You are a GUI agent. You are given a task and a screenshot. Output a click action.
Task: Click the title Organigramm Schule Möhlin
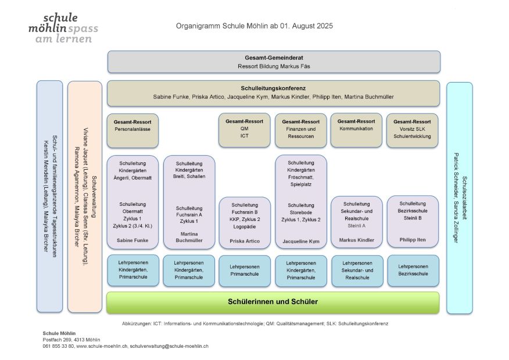(254, 26)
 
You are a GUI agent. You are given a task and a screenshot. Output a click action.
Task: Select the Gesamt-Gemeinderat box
(273, 62)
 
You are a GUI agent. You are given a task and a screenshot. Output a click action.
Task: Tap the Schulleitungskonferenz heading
(273, 86)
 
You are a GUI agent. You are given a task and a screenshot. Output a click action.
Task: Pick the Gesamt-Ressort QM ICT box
(244, 129)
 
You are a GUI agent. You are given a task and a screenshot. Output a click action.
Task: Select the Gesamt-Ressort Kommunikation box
(356, 129)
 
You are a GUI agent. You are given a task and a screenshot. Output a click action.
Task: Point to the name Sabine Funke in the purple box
(132, 240)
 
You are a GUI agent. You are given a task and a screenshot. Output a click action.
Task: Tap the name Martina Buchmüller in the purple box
(189, 237)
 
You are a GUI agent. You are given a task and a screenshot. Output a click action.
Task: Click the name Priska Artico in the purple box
(244, 240)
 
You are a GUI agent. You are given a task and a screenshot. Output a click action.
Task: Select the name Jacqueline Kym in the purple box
(300, 240)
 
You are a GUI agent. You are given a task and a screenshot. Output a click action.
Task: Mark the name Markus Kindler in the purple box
(356, 240)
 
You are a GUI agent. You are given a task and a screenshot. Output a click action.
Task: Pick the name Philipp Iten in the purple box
(412, 240)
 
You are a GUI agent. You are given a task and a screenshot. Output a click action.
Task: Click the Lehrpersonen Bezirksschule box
(413, 270)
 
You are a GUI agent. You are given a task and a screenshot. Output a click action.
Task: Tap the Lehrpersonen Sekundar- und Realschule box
(357, 270)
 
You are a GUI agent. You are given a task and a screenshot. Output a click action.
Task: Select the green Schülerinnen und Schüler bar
(273, 302)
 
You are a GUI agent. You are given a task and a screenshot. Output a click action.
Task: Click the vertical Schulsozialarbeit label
(464, 198)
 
